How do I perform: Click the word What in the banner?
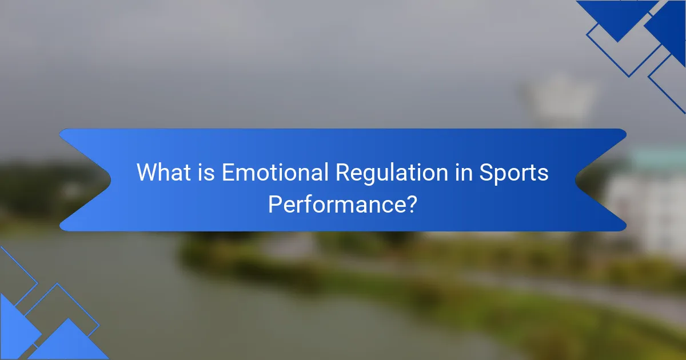click(x=164, y=173)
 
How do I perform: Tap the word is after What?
click(x=206, y=173)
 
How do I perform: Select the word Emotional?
click(x=275, y=173)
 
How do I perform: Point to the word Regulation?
click(x=392, y=174)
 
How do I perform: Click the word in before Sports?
click(x=464, y=173)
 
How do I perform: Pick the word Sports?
click(x=513, y=174)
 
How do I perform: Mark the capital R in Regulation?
click(x=343, y=173)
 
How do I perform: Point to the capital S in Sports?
click(x=486, y=173)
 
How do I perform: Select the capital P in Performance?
click(x=275, y=205)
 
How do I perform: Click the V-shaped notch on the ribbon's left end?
click(x=111, y=180)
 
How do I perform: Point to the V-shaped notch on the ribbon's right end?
click(x=575, y=180)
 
